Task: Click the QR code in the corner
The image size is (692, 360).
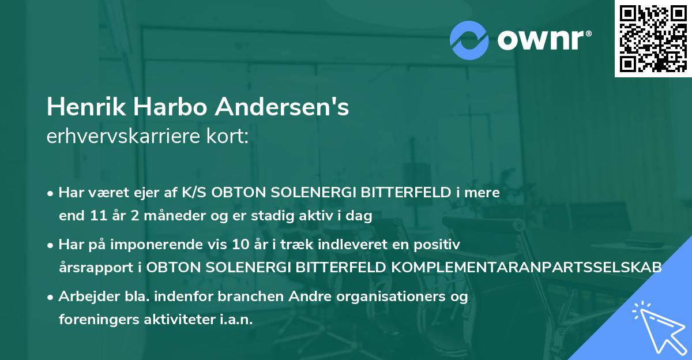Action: tap(653, 39)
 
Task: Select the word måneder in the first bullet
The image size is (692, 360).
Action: tap(159, 216)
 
